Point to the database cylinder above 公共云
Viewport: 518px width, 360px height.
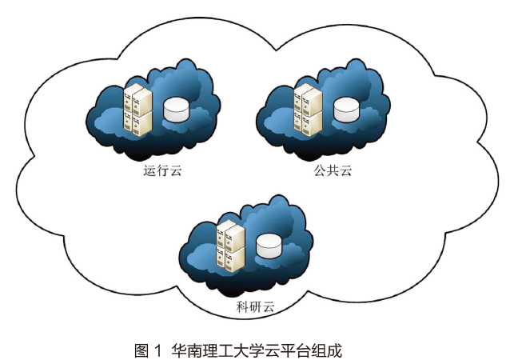point(346,109)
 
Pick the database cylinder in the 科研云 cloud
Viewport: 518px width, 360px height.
point(269,244)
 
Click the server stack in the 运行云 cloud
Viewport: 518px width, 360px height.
point(137,110)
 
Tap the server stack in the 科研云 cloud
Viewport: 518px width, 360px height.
point(230,245)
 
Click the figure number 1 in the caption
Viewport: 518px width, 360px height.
point(158,350)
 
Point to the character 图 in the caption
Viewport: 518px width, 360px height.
point(141,350)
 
